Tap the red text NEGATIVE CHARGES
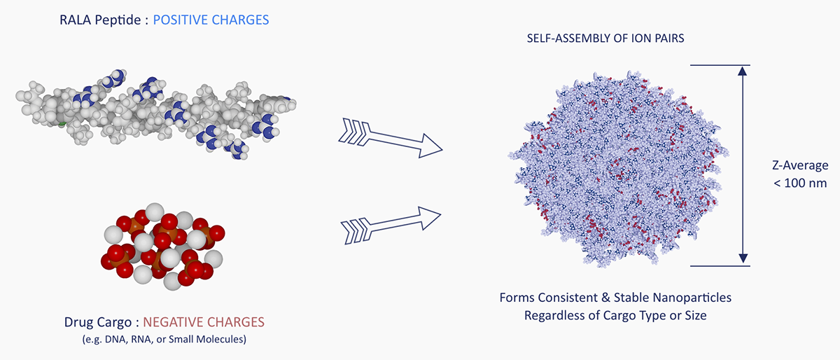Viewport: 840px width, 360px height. pyautogui.click(x=204, y=323)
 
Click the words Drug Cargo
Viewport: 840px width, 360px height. pyautogui.click(x=96, y=323)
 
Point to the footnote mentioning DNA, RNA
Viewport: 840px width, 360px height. pyautogui.click(x=162, y=340)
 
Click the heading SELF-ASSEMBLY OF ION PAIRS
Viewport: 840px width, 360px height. pyautogui.click(x=605, y=39)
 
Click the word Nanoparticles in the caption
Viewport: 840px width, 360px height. pyautogui.click(x=687, y=298)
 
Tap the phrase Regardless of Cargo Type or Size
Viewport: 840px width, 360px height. pyautogui.click(x=615, y=315)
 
